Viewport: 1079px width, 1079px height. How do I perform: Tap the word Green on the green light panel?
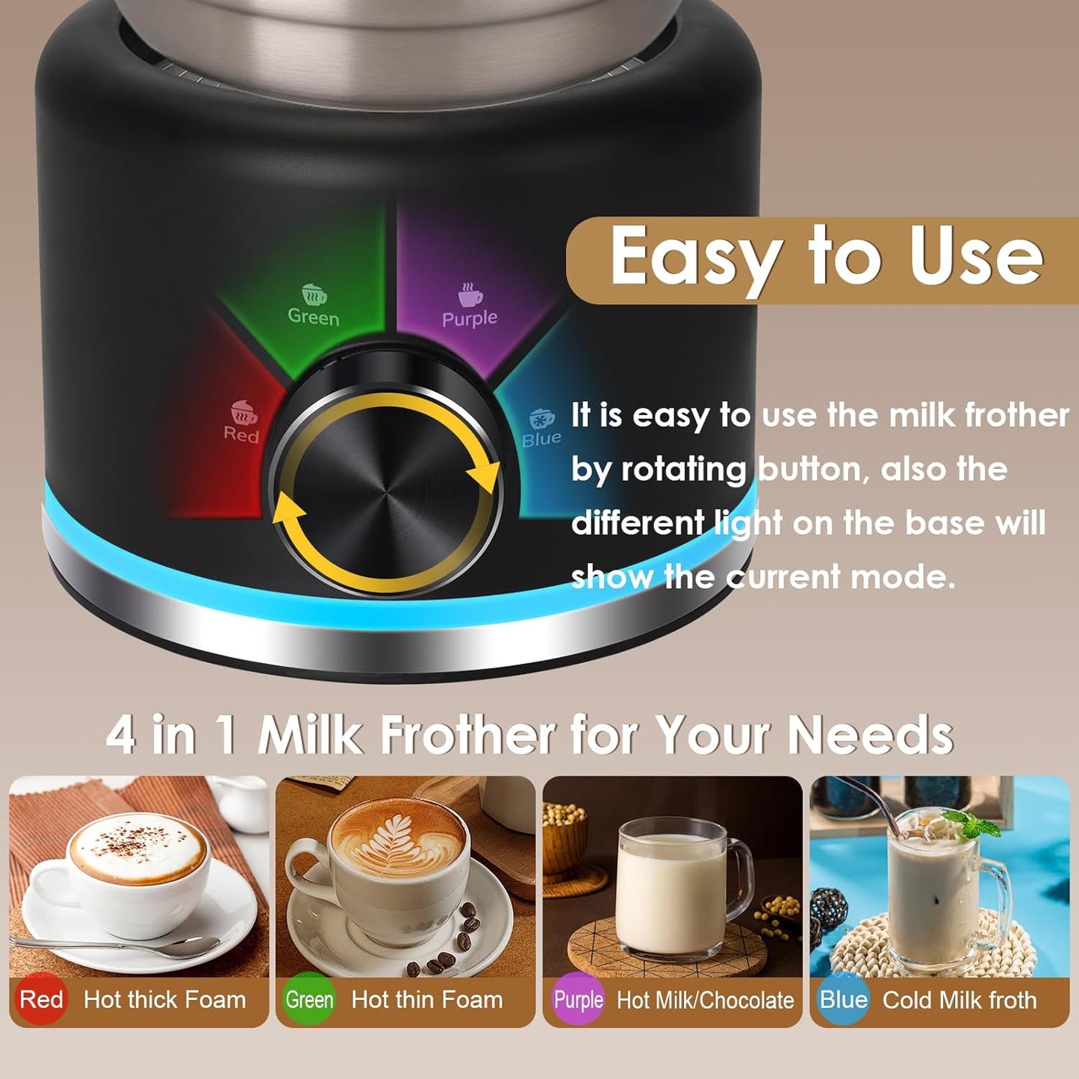click(314, 317)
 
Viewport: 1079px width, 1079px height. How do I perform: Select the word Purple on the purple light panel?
click(469, 319)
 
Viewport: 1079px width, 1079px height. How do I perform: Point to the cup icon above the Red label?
click(243, 411)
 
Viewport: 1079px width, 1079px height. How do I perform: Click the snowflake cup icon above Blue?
click(541, 417)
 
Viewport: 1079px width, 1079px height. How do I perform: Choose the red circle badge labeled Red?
click(41, 999)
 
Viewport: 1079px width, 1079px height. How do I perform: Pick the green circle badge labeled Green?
click(309, 999)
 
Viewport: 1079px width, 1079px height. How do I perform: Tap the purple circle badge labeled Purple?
click(578, 999)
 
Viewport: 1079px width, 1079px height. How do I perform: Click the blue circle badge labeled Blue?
click(844, 999)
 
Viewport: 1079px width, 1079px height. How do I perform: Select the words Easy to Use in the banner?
click(826, 258)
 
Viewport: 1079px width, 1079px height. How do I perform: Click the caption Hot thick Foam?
click(164, 999)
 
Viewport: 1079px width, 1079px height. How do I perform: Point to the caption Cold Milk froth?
click(960, 1000)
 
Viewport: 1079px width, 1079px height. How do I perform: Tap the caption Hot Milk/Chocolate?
click(705, 1000)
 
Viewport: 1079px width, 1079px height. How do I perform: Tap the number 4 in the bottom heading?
click(121, 735)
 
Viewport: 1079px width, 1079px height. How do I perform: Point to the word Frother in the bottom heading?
click(467, 735)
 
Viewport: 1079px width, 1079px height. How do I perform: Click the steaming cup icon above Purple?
click(470, 294)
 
